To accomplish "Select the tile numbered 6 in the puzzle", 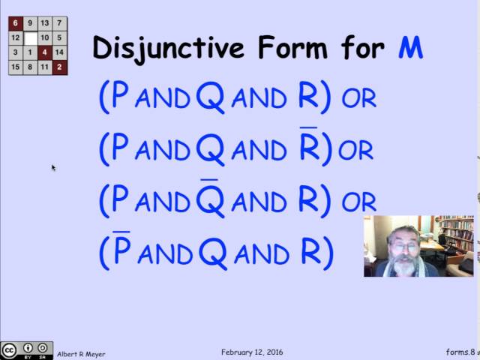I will pyautogui.click(x=16, y=23).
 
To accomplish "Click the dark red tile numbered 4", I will pyautogui.click(x=45, y=52).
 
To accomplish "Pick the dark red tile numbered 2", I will pyautogui.click(x=60, y=67).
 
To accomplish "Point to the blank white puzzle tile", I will pyautogui.click(x=31, y=37).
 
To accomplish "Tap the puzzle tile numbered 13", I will pyautogui.click(x=45, y=23).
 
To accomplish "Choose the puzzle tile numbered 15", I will pyautogui.click(x=16, y=67).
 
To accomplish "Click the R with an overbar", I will pyautogui.click(x=309, y=148).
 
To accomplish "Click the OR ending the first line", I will pyautogui.click(x=358, y=98).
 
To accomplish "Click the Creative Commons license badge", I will pyautogui.click(x=27, y=350).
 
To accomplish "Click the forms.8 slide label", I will pyautogui.click(x=457, y=352).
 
